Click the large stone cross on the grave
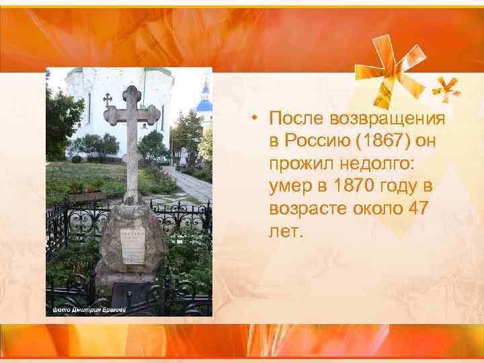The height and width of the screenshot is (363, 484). click(132, 128)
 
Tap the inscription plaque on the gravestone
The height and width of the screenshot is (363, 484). click(132, 246)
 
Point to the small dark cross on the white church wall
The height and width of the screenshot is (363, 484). click(107, 99)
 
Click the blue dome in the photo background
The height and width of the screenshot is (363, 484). click(204, 104)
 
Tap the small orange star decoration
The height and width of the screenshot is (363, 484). click(446, 87)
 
